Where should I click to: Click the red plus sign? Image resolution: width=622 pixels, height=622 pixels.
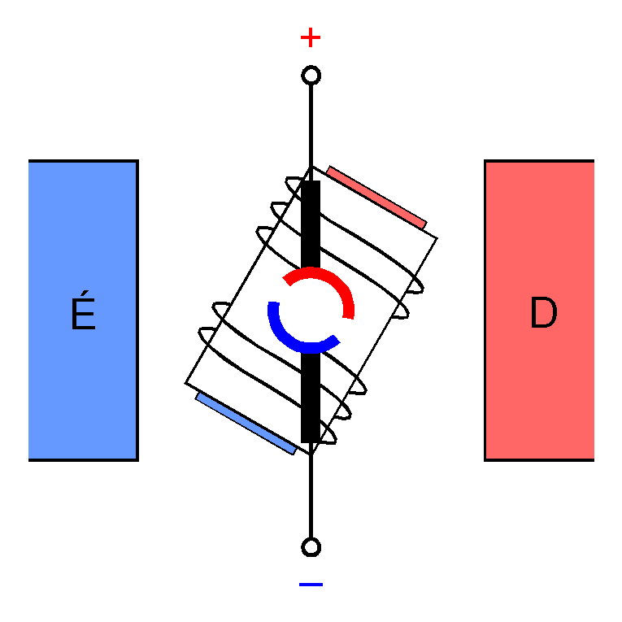[311, 37]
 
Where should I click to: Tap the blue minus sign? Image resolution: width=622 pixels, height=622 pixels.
[311, 584]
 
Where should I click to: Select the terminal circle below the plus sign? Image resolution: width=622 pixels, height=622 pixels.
[311, 76]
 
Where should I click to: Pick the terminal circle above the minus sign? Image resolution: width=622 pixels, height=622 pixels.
[311, 546]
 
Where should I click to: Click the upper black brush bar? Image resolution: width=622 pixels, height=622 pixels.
[311, 224]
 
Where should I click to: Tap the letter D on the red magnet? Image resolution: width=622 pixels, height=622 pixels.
[542, 314]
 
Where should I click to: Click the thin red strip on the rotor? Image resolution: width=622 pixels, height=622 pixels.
[376, 197]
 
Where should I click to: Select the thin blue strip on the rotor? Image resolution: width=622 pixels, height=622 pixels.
[246, 423]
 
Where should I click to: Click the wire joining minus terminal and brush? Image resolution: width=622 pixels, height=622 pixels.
[311, 492]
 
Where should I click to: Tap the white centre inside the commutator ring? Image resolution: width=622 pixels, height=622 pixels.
[311, 310]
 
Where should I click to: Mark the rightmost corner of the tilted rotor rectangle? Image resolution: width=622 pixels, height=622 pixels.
[437, 237]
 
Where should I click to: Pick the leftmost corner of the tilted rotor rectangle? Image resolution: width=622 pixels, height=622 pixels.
[185, 383]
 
